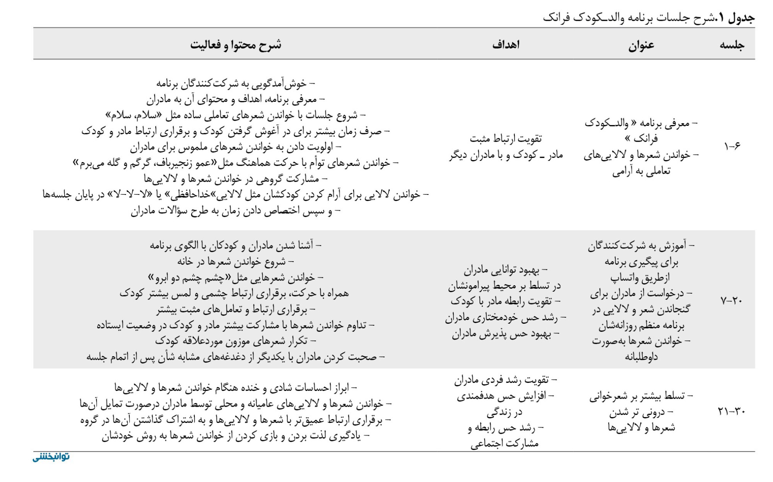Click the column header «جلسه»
point(732,46)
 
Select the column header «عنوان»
point(641,46)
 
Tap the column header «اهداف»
point(506,45)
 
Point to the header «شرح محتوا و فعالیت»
point(236,45)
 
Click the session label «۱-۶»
point(732,147)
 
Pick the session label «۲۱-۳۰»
point(731,411)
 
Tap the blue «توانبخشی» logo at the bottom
point(51,457)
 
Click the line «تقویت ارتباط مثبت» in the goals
point(506,139)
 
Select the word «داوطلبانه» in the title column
point(641,357)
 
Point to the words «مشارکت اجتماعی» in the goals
point(504,444)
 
